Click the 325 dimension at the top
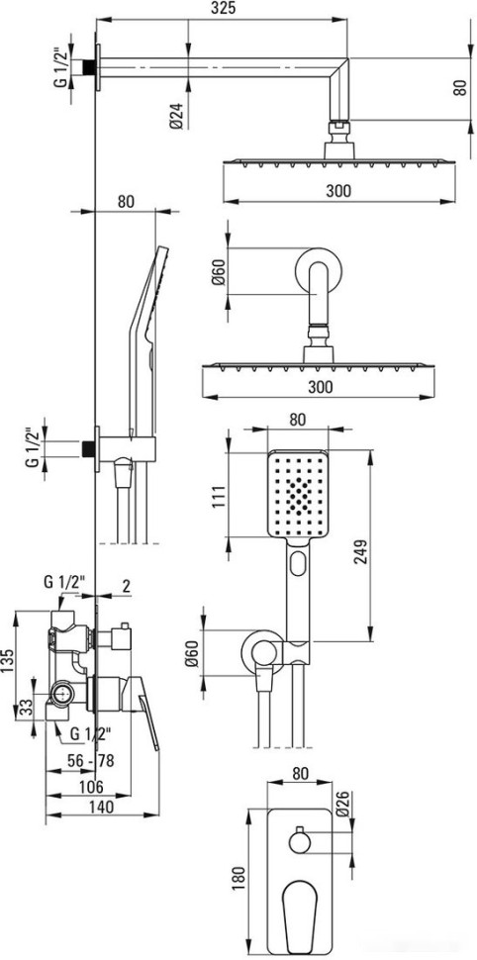coord(224,8)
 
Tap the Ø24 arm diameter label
coord(175,116)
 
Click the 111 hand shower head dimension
coord(220,497)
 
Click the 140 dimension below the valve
coord(101,807)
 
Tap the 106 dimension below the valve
coord(90,786)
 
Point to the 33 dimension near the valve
coord(25,708)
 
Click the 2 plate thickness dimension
coord(126,586)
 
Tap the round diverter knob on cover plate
coord(300,842)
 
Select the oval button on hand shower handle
coord(298,563)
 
